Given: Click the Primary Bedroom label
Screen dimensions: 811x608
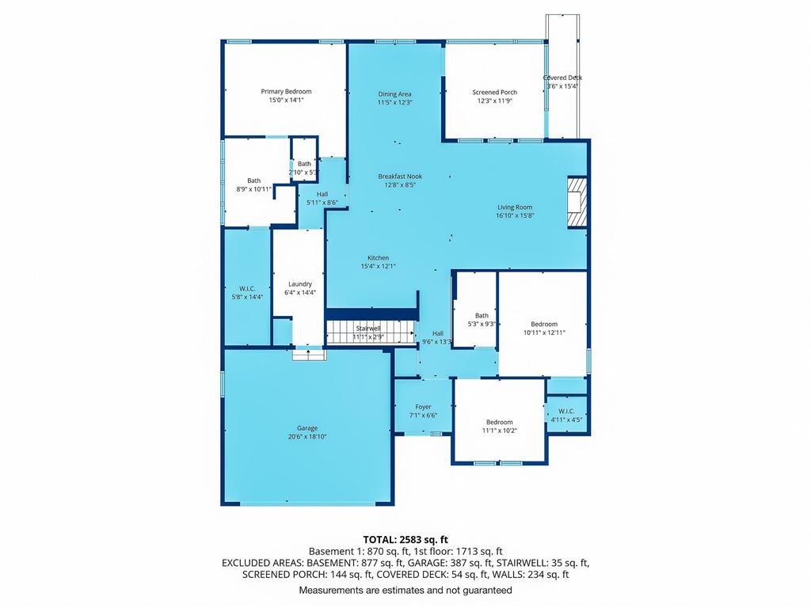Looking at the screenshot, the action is pyautogui.click(x=286, y=92).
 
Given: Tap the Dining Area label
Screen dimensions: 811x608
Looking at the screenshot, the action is pyautogui.click(x=394, y=94).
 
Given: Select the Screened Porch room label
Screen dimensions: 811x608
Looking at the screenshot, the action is pyautogui.click(x=494, y=93).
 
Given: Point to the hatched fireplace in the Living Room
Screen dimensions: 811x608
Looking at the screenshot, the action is pyautogui.click(x=577, y=202).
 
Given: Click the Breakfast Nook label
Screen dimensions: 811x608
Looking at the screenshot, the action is pyautogui.click(x=400, y=177).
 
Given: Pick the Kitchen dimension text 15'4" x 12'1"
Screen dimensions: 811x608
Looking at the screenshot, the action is pyautogui.click(x=378, y=266).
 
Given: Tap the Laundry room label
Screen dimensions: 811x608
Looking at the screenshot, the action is pyautogui.click(x=300, y=284).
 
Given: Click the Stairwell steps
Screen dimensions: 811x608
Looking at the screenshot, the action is pyautogui.click(x=371, y=332).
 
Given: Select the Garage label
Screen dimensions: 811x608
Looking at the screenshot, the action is pyautogui.click(x=307, y=428).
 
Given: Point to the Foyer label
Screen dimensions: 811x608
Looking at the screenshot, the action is pyautogui.click(x=423, y=407).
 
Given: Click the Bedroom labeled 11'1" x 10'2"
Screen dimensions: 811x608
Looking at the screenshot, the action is pyautogui.click(x=500, y=422).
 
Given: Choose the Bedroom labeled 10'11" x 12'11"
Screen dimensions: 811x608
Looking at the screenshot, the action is pyautogui.click(x=544, y=324).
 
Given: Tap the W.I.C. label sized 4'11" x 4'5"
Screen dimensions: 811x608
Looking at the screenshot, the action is pyautogui.click(x=566, y=411).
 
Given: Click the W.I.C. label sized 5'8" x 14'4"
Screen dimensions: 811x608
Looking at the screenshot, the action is pyautogui.click(x=247, y=288).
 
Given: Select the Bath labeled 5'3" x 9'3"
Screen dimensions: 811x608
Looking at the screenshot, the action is pyautogui.click(x=482, y=315).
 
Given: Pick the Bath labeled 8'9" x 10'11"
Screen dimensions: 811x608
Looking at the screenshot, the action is pyautogui.click(x=254, y=180).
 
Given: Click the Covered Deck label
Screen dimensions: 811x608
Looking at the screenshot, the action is pyautogui.click(x=563, y=78).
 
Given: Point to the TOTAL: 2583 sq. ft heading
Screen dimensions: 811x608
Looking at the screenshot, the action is pyautogui.click(x=405, y=540).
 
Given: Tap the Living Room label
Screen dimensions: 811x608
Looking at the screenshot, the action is pyautogui.click(x=515, y=207).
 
